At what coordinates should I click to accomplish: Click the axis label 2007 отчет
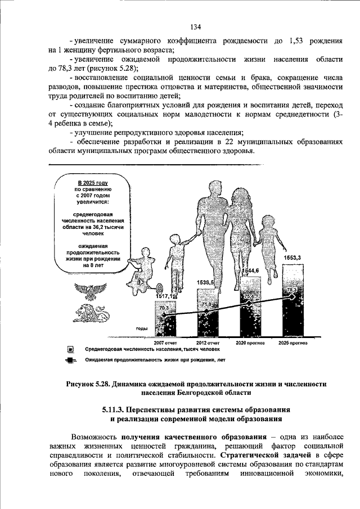point(165,341)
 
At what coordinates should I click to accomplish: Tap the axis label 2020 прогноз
point(249,341)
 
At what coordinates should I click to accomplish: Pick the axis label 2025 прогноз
point(291,341)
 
